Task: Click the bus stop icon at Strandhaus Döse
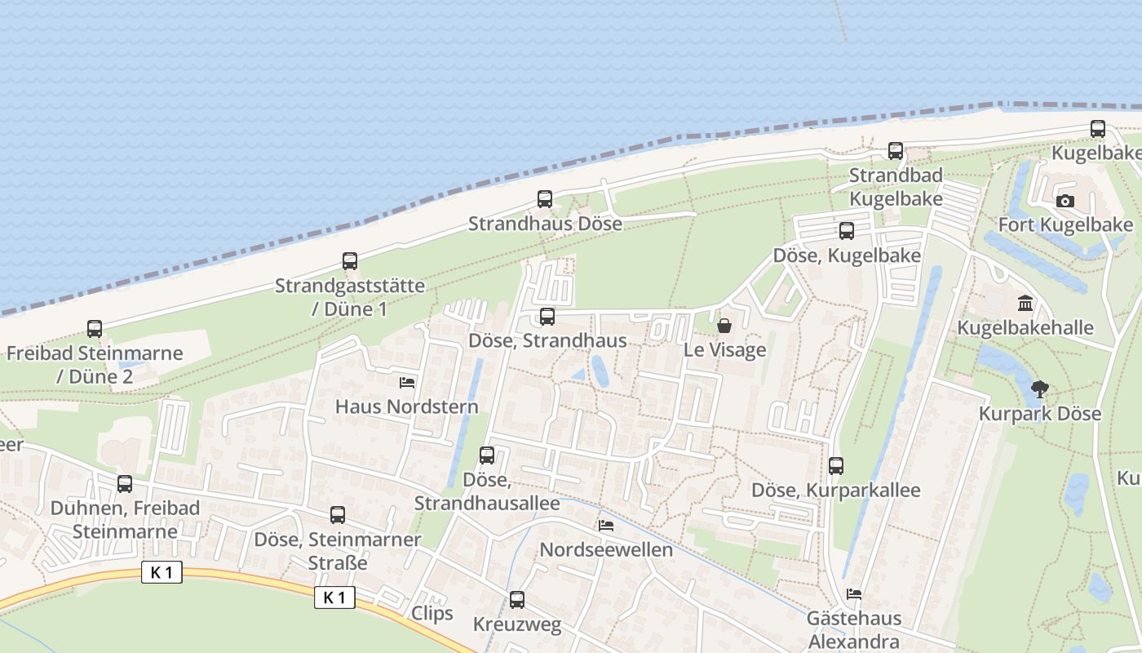tap(545, 199)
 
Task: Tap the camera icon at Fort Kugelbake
tap(1065, 201)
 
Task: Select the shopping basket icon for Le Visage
tap(724, 326)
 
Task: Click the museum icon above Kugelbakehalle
tap(1025, 304)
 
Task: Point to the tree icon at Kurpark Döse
tap(1039, 389)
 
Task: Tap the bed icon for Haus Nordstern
tap(407, 382)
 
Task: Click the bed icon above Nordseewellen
tap(606, 525)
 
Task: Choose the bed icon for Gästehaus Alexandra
tap(854, 593)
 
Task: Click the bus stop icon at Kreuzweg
tap(517, 600)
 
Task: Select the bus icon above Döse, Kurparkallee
tap(836, 466)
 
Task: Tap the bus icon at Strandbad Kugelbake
tap(896, 151)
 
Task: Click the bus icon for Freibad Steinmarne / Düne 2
tap(95, 329)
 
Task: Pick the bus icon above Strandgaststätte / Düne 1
tap(350, 261)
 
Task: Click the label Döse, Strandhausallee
tap(487, 491)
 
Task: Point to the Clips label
tap(432, 613)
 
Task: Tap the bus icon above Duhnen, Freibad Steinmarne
tap(125, 484)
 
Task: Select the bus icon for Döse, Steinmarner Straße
tap(338, 515)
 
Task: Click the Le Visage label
tap(725, 350)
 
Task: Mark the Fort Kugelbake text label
tap(1065, 224)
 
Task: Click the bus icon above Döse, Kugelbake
tap(847, 231)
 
